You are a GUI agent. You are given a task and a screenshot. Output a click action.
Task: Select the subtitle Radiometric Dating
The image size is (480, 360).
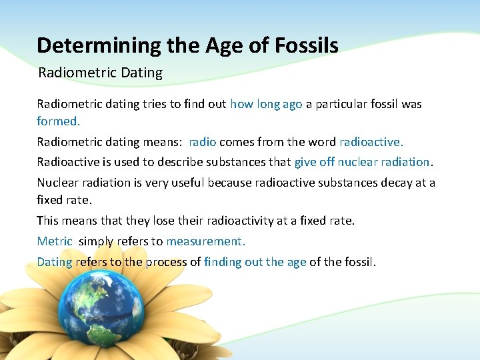(x=100, y=73)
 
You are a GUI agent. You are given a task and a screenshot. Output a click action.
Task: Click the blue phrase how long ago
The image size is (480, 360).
(x=266, y=104)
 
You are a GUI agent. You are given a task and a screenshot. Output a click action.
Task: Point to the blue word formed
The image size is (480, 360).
(x=58, y=121)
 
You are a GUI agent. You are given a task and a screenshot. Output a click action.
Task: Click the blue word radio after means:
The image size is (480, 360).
(x=203, y=142)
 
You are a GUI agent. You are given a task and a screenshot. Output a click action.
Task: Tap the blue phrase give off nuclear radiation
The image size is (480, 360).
(x=363, y=162)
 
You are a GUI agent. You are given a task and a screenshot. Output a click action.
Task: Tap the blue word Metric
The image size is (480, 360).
(x=55, y=241)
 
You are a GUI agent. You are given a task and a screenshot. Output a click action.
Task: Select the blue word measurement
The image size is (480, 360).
(x=205, y=241)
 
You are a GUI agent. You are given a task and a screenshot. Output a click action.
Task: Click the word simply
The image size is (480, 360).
(x=96, y=241)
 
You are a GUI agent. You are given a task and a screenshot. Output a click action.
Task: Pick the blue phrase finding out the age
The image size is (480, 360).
(x=255, y=262)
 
